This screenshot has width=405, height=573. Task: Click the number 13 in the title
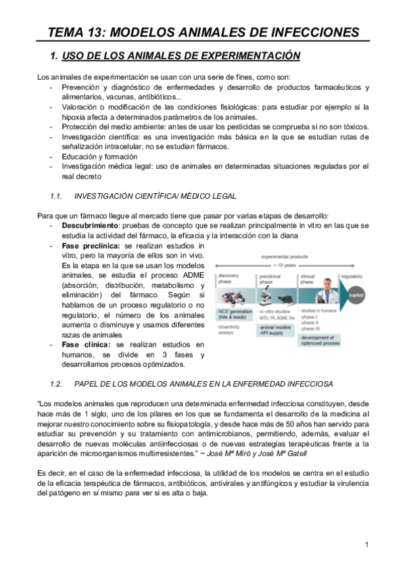point(99,32)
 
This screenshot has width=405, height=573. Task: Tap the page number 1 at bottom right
point(366,545)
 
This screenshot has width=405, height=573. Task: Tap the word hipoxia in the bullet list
point(73,118)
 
